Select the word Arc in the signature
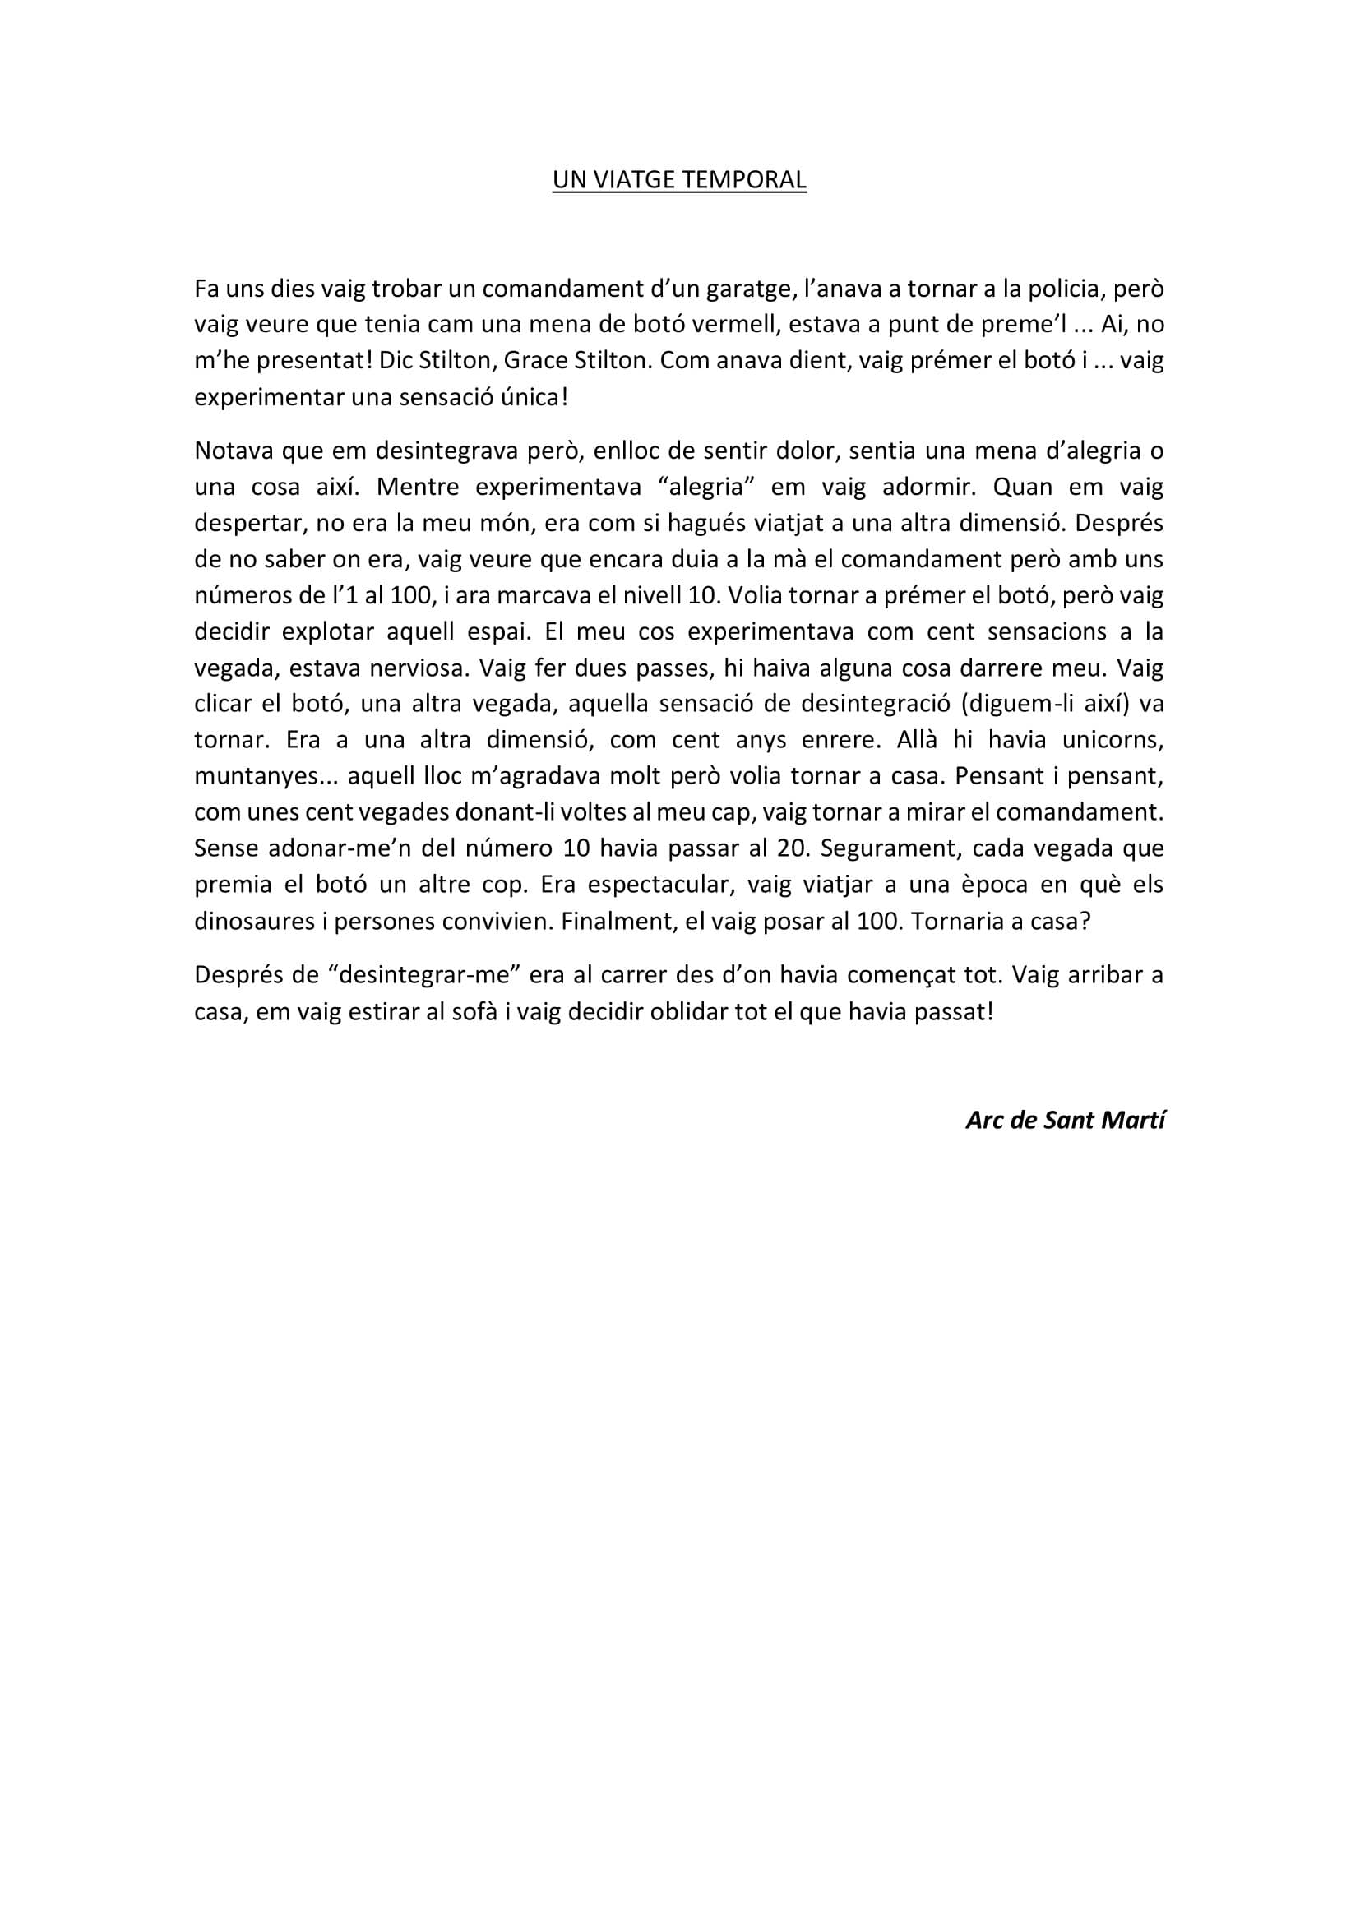coord(985,1121)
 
